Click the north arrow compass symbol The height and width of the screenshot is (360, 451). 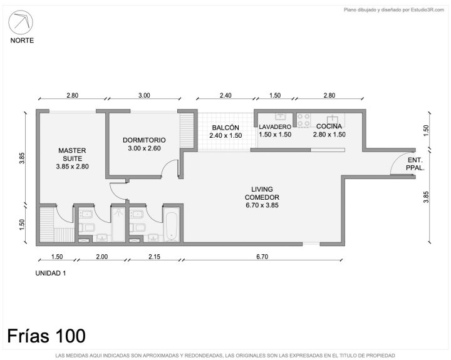coord(21,23)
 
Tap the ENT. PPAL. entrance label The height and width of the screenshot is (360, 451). coord(415,164)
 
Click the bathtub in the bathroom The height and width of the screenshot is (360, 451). coord(172,226)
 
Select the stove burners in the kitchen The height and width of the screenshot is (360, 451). coord(304,120)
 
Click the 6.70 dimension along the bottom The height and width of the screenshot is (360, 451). coord(262,257)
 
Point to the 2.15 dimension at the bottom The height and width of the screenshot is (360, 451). coord(154,257)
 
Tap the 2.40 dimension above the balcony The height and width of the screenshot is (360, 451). coord(225,95)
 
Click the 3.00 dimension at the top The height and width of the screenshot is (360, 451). coord(144,95)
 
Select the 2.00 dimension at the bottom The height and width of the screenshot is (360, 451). coord(102,257)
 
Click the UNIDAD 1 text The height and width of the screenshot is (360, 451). coord(51,273)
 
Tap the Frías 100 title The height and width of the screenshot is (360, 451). coord(46,336)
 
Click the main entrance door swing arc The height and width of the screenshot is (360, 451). coord(394,160)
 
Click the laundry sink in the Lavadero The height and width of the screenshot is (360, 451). coord(280,116)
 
